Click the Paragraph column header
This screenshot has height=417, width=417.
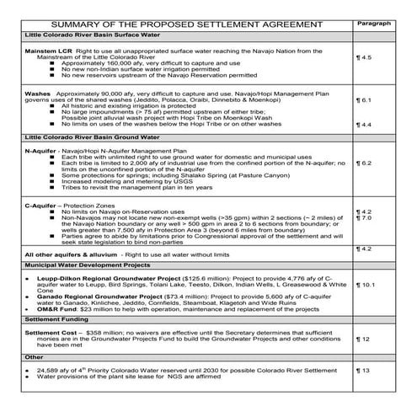[x=375, y=24]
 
